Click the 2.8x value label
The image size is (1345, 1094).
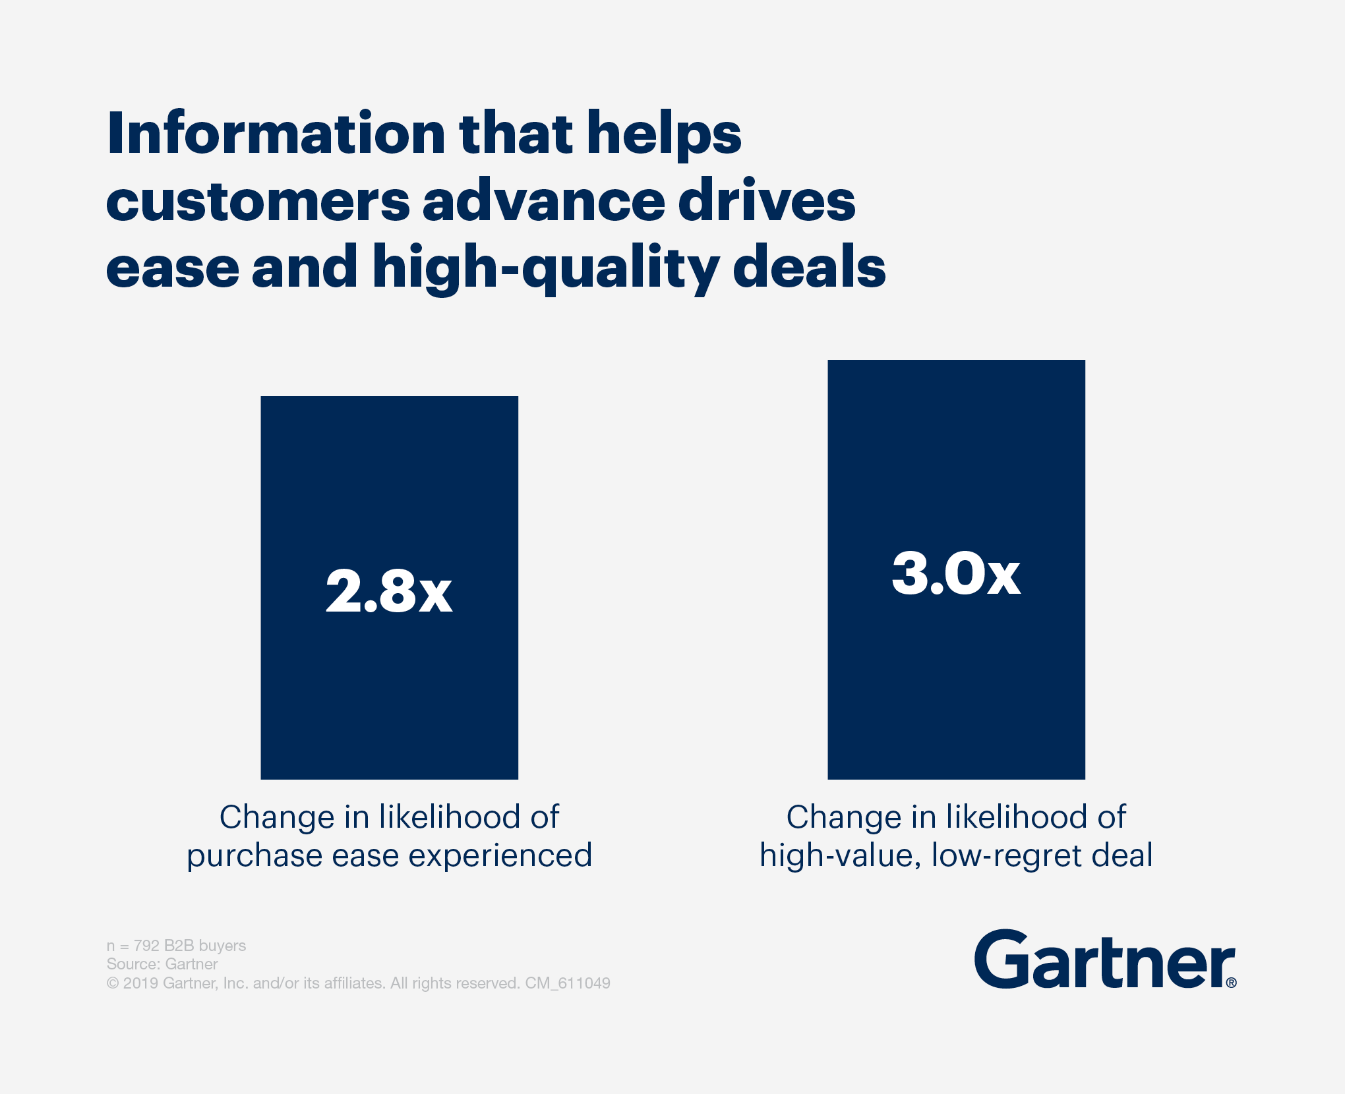click(x=389, y=591)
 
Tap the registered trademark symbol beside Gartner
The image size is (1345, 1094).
click(x=1231, y=983)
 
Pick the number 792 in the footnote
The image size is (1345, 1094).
click(x=146, y=946)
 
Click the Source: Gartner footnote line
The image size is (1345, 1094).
click(x=162, y=964)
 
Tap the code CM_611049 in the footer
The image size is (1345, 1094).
click(x=568, y=983)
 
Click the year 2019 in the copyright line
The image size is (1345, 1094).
click(x=140, y=983)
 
